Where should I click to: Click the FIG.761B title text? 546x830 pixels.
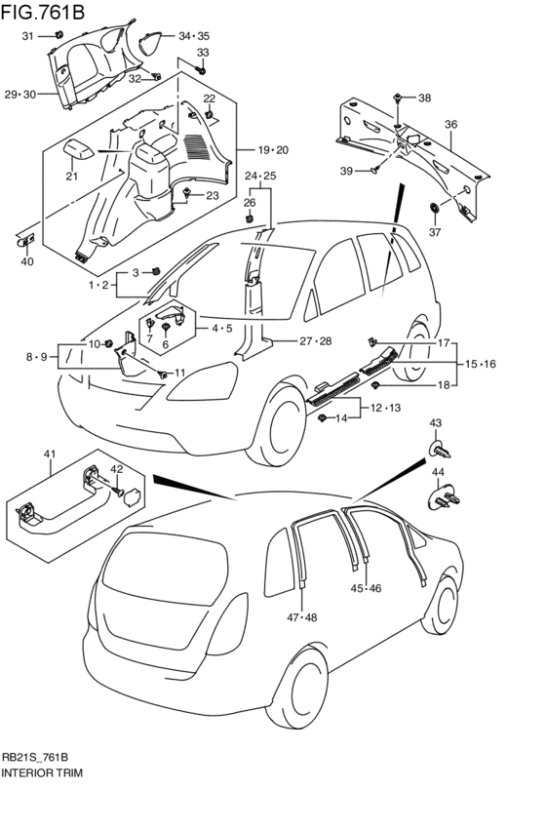[x=43, y=11]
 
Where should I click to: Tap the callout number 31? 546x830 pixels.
[x=27, y=35]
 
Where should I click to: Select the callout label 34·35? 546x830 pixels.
[x=194, y=36]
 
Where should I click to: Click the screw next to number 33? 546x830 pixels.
[x=201, y=69]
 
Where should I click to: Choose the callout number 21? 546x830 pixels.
[x=72, y=177]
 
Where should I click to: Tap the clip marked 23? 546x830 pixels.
[x=187, y=194]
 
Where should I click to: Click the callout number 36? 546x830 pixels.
[x=450, y=125]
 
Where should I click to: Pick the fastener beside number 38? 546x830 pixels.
[x=397, y=98]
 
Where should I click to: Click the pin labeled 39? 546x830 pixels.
[x=376, y=170]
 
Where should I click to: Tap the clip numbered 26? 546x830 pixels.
[x=251, y=217]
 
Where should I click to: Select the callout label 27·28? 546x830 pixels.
[x=316, y=341]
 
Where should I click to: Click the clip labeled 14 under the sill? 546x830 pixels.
[x=322, y=418]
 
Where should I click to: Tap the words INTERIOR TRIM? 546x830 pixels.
[x=42, y=772]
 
